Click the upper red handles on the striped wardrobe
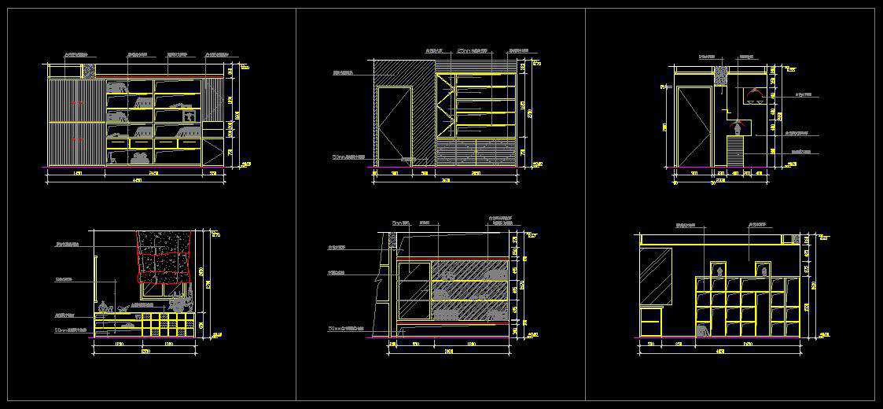click(77, 103)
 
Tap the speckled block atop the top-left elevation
click(90, 70)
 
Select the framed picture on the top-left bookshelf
click(189, 115)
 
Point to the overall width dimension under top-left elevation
click(137, 181)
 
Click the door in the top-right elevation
click(694, 126)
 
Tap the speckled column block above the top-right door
click(720, 75)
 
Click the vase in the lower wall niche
click(738, 126)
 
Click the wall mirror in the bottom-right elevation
click(657, 275)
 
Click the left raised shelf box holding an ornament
click(717, 269)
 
